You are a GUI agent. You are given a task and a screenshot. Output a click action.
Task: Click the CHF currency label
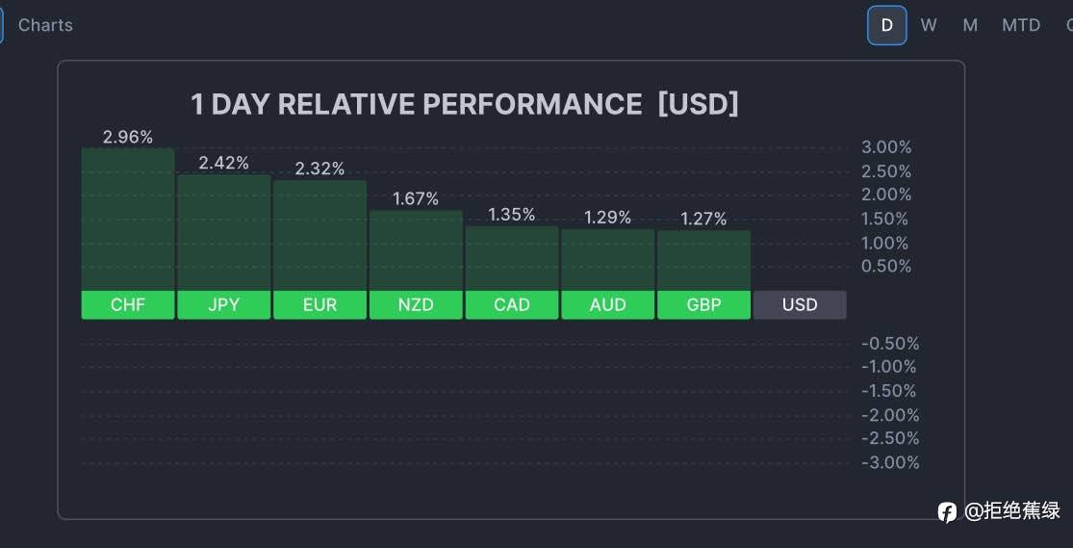point(128,304)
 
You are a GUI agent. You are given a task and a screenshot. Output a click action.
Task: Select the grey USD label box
point(800,304)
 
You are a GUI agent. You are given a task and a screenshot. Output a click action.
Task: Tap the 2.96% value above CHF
point(128,137)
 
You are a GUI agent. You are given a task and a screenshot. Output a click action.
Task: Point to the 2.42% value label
point(224,163)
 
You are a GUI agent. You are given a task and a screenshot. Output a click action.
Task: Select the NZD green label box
point(416,304)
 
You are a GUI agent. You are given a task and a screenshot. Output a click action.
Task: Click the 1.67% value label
point(416,198)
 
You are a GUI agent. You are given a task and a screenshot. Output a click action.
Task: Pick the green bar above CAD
point(512,257)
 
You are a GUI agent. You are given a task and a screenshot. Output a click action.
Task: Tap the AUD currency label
point(608,304)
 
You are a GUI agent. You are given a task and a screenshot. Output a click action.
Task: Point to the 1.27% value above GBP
point(703,219)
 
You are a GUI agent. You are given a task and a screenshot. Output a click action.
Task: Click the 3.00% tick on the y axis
point(886,147)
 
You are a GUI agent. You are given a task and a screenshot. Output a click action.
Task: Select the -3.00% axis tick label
point(889,462)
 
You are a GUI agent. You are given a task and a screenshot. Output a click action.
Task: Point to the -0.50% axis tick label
point(889,343)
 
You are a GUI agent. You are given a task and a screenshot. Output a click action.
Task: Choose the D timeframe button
point(886,25)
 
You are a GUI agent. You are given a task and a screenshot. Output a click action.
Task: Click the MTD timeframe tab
point(1021,25)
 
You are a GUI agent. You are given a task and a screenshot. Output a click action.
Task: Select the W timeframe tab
point(929,25)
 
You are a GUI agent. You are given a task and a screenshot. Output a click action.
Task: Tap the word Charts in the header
point(45,25)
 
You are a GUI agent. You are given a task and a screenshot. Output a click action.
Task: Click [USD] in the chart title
point(699,104)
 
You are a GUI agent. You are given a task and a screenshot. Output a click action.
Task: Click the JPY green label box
point(224,304)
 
